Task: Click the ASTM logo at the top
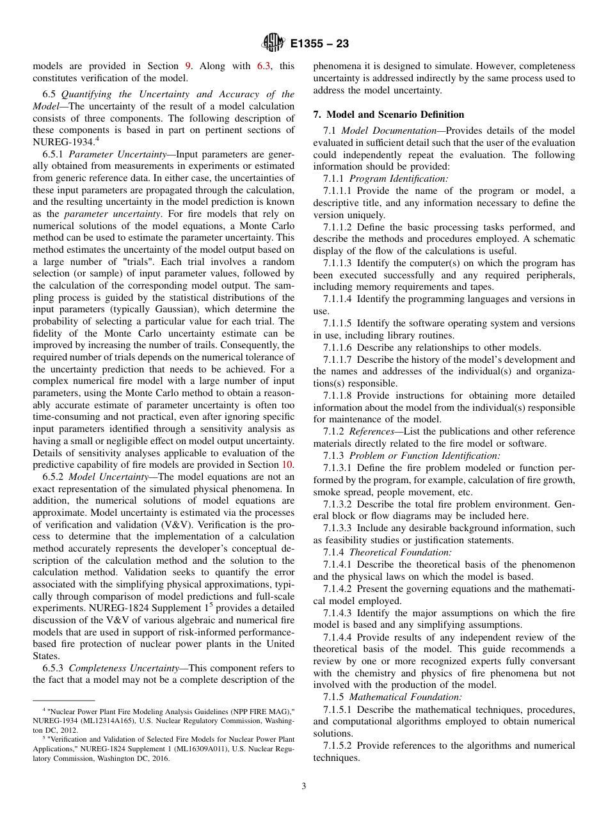click(x=273, y=44)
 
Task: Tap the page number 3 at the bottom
click(x=304, y=786)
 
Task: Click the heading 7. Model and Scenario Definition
click(x=388, y=115)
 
